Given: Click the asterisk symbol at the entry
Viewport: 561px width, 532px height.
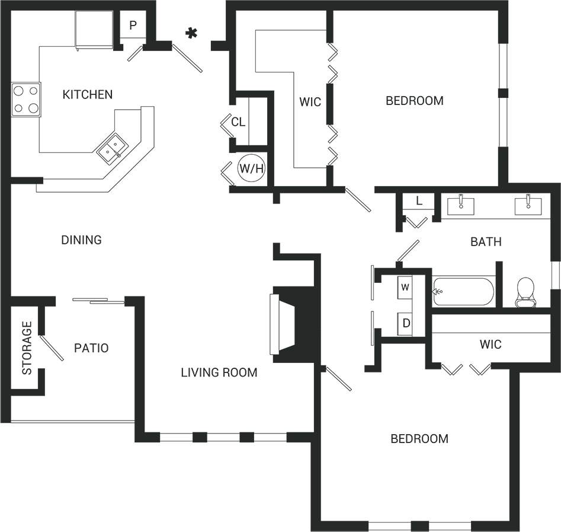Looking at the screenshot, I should [191, 34].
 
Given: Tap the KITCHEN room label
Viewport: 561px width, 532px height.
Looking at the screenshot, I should [88, 94].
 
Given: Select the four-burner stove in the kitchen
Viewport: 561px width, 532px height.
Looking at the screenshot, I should [26, 99].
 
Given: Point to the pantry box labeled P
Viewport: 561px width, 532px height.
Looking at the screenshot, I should [133, 26].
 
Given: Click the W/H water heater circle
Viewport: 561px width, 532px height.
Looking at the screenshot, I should [251, 168].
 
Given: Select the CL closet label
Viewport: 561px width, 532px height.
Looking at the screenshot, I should [238, 122].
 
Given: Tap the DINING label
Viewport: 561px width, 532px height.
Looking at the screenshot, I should [82, 240].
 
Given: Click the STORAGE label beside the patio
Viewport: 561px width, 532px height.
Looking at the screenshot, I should [27, 348].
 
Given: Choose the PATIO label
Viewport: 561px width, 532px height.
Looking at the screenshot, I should [91, 348].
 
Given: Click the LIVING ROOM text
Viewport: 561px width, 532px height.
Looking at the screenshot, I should [219, 372].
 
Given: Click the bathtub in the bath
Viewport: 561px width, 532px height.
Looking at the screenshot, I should [463, 291].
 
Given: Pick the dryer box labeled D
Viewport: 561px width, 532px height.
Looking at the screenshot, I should [405, 323].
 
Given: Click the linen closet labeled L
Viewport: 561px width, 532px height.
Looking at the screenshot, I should [419, 201].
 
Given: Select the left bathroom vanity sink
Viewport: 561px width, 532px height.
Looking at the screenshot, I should [460, 205].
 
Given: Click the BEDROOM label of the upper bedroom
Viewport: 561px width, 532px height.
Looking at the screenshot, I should [414, 101].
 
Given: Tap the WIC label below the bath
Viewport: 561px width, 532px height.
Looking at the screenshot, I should [490, 345].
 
